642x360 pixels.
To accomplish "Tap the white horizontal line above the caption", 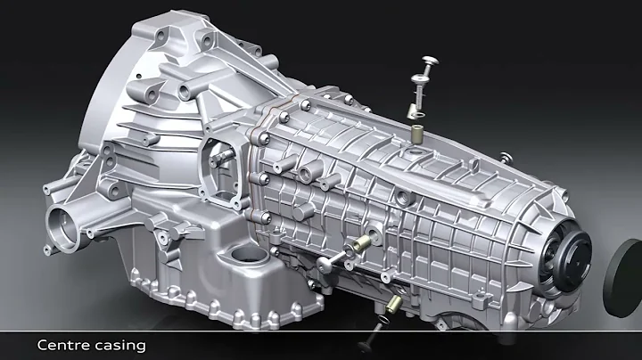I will pos(321,330).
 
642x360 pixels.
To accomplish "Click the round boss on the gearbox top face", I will pos(307,169).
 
